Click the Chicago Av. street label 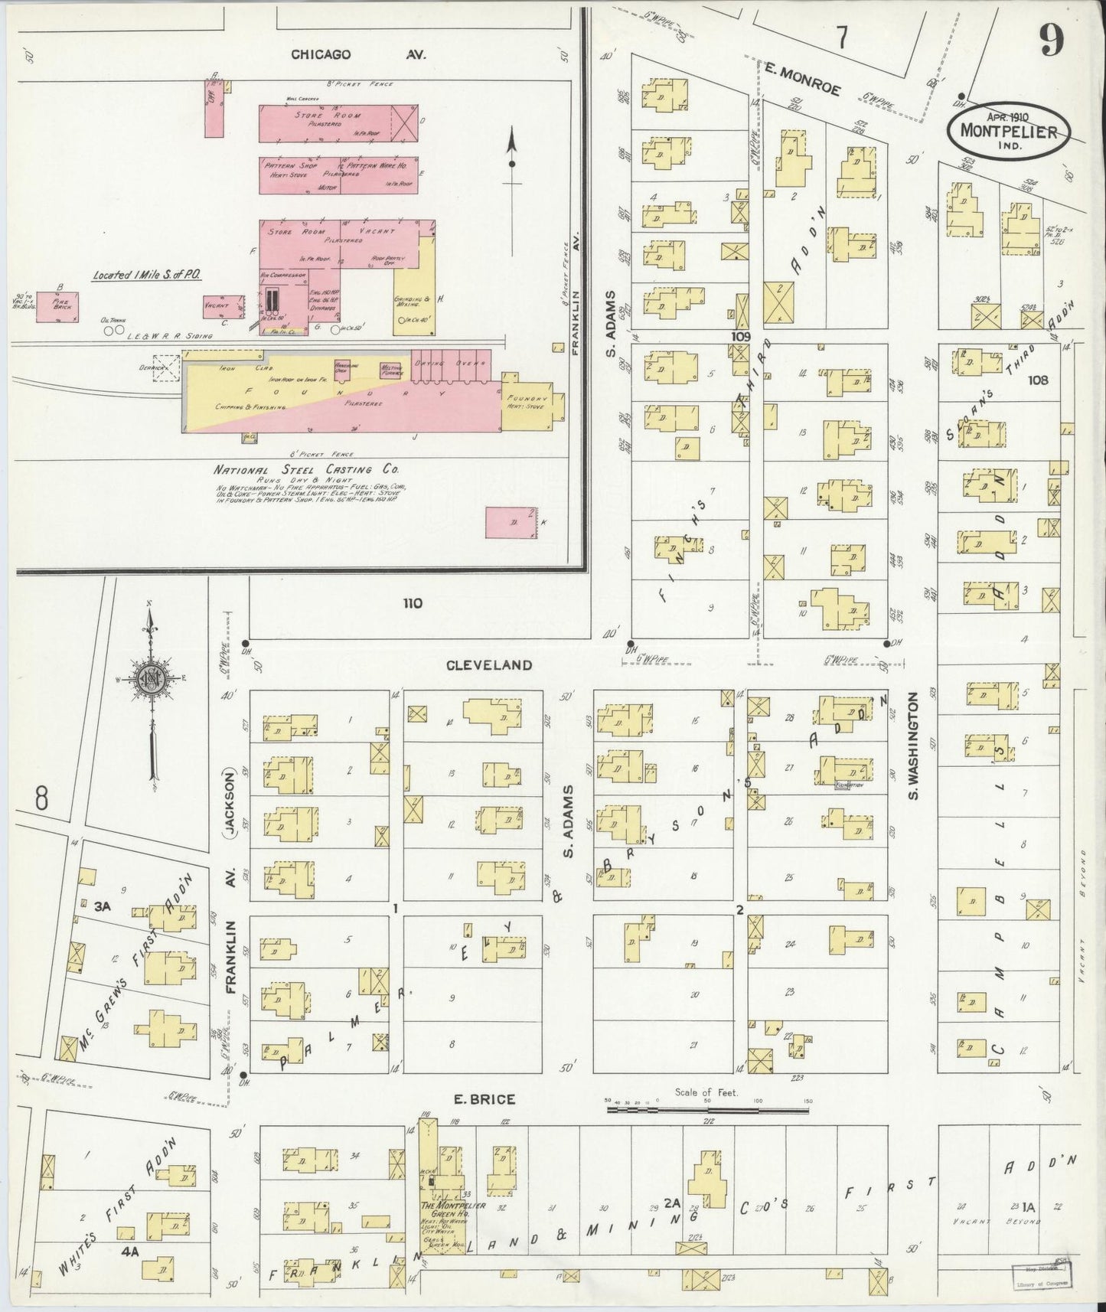[357, 54]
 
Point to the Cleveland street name [490, 665]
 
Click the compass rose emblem [149, 676]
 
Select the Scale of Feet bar [708, 1108]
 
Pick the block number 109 [740, 336]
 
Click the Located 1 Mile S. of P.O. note [147, 275]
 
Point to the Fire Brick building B [60, 302]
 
